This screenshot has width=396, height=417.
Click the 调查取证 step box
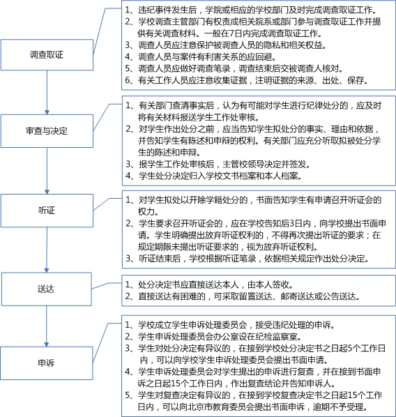coord(47,55)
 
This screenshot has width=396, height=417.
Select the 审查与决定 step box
coord(47,131)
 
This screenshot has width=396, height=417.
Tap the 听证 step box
coord(47,211)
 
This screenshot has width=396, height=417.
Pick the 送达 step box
coord(47,289)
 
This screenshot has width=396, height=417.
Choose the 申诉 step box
coord(47,363)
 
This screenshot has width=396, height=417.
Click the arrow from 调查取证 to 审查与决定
coord(47,93)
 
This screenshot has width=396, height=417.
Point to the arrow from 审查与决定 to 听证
coord(47,171)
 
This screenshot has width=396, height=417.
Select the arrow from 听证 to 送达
coord(47,250)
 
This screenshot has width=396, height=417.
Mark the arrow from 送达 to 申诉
coord(47,326)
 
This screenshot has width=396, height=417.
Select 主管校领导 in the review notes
coord(243,164)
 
